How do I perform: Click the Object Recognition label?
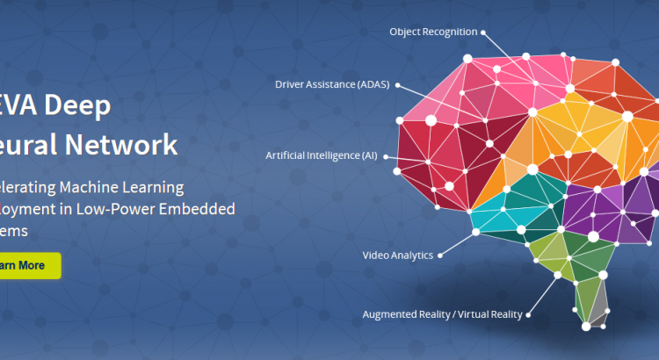(x=433, y=32)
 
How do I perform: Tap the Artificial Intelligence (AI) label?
(x=321, y=155)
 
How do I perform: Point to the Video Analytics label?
(x=397, y=256)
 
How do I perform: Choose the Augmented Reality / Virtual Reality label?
(x=442, y=313)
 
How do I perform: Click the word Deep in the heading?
(x=82, y=106)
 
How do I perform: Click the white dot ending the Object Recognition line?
(x=482, y=32)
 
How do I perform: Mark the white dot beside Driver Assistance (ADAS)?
(x=398, y=84)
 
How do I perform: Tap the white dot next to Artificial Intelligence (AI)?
(x=384, y=155)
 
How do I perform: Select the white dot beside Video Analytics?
(x=440, y=256)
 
